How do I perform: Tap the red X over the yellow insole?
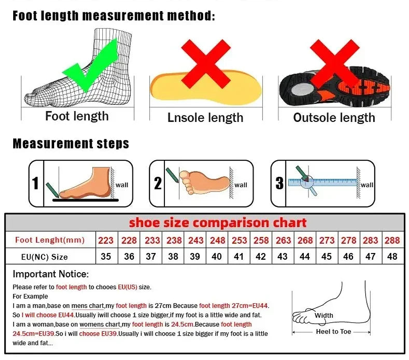[206, 63]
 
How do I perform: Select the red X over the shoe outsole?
[335, 63]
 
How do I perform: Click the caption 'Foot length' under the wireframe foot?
[77, 116]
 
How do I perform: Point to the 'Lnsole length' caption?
[205, 118]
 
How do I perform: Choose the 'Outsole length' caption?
[334, 118]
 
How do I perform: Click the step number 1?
[35, 183]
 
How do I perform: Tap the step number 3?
[279, 183]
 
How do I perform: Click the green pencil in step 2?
[172, 175]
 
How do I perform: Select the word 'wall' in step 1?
[122, 185]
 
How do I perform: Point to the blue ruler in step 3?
[323, 182]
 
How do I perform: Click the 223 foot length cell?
[106, 240]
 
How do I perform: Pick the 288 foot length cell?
[392, 240]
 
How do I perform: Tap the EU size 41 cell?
[239, 256]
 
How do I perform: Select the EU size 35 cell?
[106, 256]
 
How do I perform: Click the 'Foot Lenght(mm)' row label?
[50, 240]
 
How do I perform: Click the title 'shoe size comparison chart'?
[218, 223]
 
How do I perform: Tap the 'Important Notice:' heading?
[51, 274]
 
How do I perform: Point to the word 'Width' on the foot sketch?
[324, 315]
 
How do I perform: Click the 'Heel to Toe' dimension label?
[333, 331]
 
